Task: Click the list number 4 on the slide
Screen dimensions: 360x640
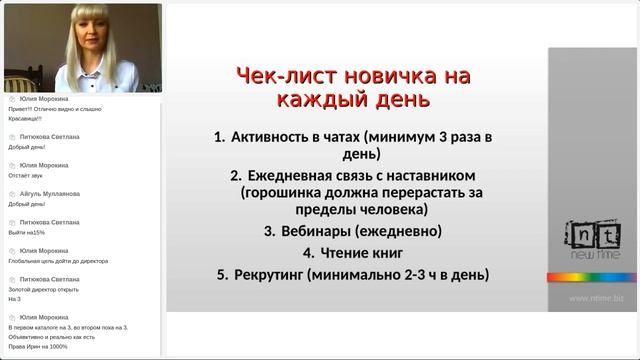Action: coord(308,252)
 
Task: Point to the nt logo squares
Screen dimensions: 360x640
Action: coord(593,234)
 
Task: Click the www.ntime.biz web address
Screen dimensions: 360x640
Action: coord(596,297)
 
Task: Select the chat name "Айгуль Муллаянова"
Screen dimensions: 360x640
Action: coord(50,193)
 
